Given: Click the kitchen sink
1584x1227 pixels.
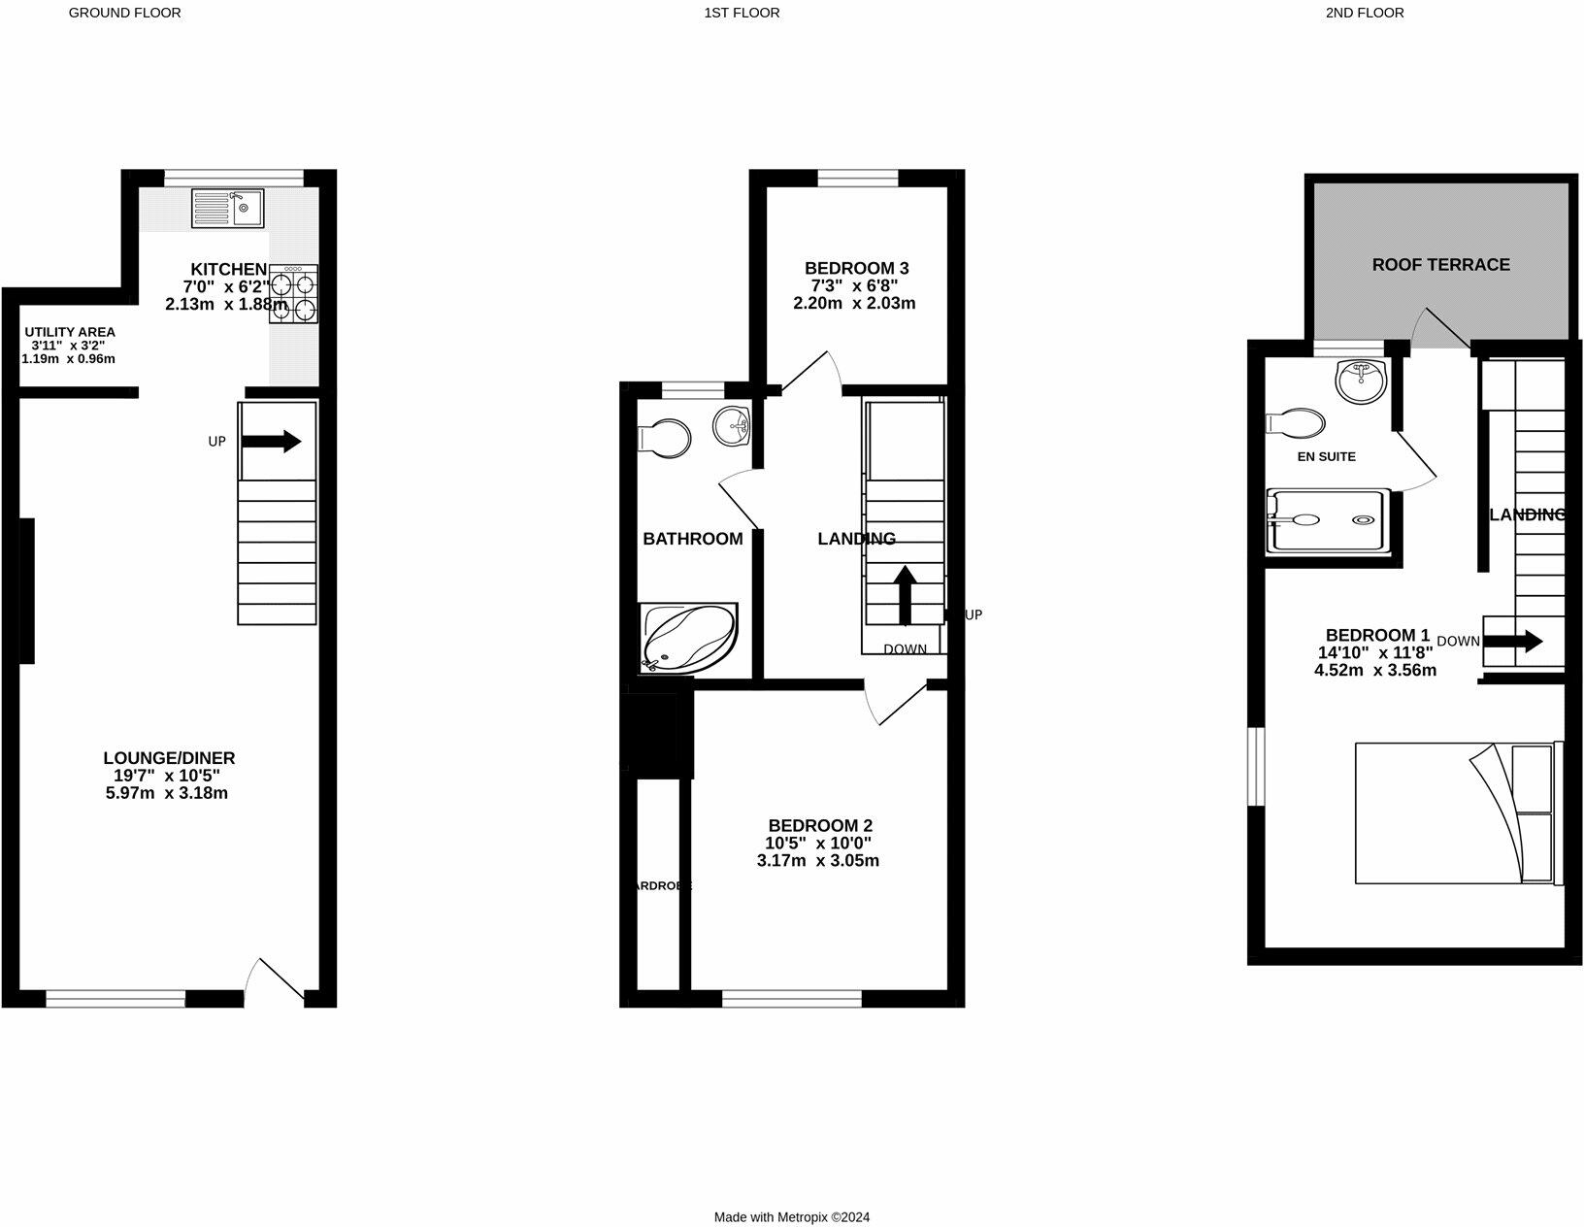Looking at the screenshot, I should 228,208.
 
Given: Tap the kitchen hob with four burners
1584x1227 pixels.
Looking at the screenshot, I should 293,293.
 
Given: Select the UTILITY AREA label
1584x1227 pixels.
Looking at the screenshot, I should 70,332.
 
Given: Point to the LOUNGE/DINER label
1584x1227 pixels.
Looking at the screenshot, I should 169,758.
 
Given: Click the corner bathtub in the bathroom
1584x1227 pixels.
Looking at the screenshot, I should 688,638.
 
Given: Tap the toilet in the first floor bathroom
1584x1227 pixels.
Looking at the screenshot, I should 665,437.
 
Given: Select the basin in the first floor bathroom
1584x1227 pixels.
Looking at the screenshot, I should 732,426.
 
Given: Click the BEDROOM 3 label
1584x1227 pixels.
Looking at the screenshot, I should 856,268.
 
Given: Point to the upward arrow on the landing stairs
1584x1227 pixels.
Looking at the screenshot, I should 905,594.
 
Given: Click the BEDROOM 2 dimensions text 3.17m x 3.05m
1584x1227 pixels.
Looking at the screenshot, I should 817,861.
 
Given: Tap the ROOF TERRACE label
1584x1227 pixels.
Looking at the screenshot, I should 1440,264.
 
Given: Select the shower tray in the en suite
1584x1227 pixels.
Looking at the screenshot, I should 1328,520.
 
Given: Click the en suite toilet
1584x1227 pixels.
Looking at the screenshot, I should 1296,423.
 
